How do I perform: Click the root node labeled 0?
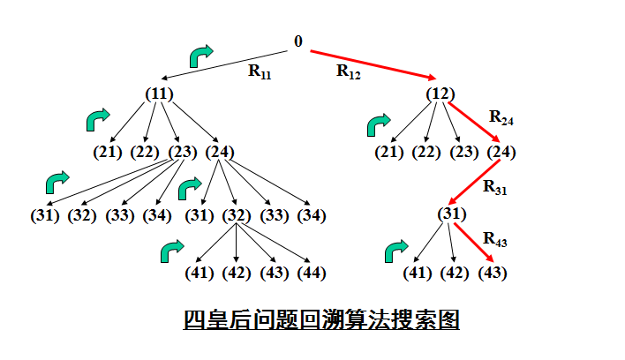(298, 41)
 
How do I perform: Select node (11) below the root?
(159, 94)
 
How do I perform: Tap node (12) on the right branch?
(440, 94)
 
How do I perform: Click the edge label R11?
(260, 72)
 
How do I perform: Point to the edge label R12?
(349, 72)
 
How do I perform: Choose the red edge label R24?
(501, 118)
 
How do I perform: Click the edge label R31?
(495, 187)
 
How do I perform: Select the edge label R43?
(494, 240)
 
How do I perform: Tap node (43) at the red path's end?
(493, 273)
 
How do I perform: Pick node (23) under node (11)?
(182, 152)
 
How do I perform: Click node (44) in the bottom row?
(309, 273)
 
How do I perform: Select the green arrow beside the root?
(201, 56)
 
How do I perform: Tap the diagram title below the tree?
(321, 319)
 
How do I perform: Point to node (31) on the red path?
(451, 214)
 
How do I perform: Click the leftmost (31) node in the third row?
(44, 215)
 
